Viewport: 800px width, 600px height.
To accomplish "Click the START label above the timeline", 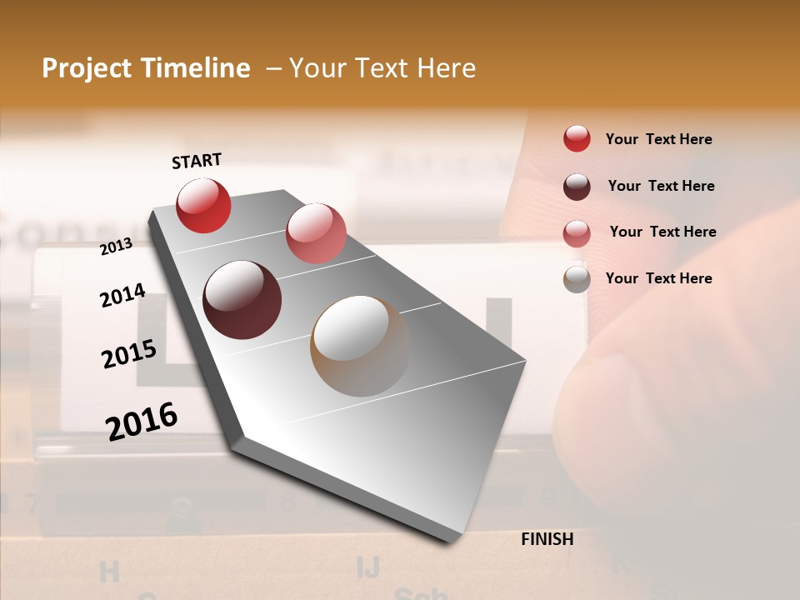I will click(197, 161).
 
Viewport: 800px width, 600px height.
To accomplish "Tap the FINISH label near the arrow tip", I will click(547, 539).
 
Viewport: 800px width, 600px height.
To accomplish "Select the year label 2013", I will click(117, 246).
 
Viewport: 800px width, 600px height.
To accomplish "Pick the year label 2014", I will click(122, 295).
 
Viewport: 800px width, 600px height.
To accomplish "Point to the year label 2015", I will click(129, 354).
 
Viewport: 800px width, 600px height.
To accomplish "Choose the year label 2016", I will click(142, 421).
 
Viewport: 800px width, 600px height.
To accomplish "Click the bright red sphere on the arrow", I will click(203, 205).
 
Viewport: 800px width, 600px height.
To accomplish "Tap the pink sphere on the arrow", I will click(316, 233).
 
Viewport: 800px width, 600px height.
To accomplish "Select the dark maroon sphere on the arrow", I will click(242, 300).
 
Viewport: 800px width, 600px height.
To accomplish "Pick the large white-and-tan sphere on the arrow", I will click(361, 346).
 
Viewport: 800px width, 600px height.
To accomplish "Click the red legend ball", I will click(577, 138).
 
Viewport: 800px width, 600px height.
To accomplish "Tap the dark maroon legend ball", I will click(577, 186).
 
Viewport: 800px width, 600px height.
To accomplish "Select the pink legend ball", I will click(577, 232).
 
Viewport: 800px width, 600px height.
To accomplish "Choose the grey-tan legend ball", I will click(577, 279).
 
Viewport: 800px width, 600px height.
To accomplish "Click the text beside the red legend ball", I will click(658, 139).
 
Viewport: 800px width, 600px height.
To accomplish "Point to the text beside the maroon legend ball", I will click(661, 186).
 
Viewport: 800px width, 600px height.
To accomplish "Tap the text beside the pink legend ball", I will click(662, 232).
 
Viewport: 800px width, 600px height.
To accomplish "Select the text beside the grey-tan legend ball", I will click(658, 278).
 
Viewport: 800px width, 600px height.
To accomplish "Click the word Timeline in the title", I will click(195, 68).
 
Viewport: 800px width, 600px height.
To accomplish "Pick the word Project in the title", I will click(87, 68).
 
